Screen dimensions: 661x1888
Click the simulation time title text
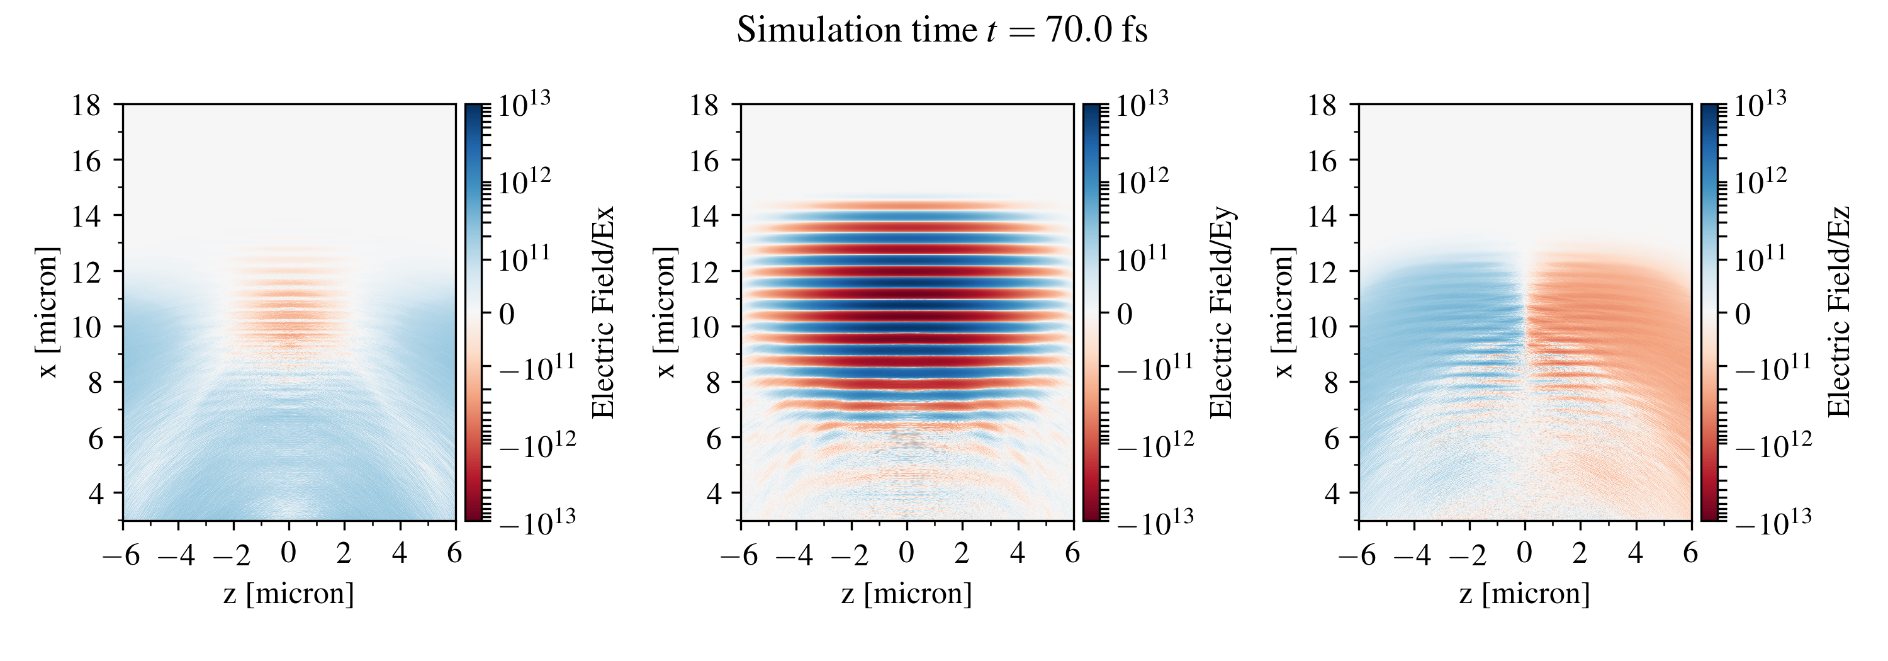point(942,31)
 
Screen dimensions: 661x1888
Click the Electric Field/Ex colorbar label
point(602,312)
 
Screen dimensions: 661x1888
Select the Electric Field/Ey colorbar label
point(1221,312)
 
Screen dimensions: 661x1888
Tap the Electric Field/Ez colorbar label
point(1839,312)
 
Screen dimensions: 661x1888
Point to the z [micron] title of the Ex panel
point(289,593)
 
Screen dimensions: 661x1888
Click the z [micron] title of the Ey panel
point(907,593)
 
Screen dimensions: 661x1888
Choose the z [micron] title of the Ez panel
point(1524,593)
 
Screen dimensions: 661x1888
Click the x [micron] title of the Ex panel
point(47,312)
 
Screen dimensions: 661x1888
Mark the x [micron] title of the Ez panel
point(1283,312)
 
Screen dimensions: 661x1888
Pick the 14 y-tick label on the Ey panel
point(704,216)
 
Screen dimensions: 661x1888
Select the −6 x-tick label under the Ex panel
point(121,555)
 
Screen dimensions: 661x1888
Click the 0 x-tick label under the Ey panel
point(907,553)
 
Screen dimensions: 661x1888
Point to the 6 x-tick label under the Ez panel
point(1690,553)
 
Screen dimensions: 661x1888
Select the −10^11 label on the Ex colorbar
point(537,367)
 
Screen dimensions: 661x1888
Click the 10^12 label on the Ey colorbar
point(1142,181)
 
